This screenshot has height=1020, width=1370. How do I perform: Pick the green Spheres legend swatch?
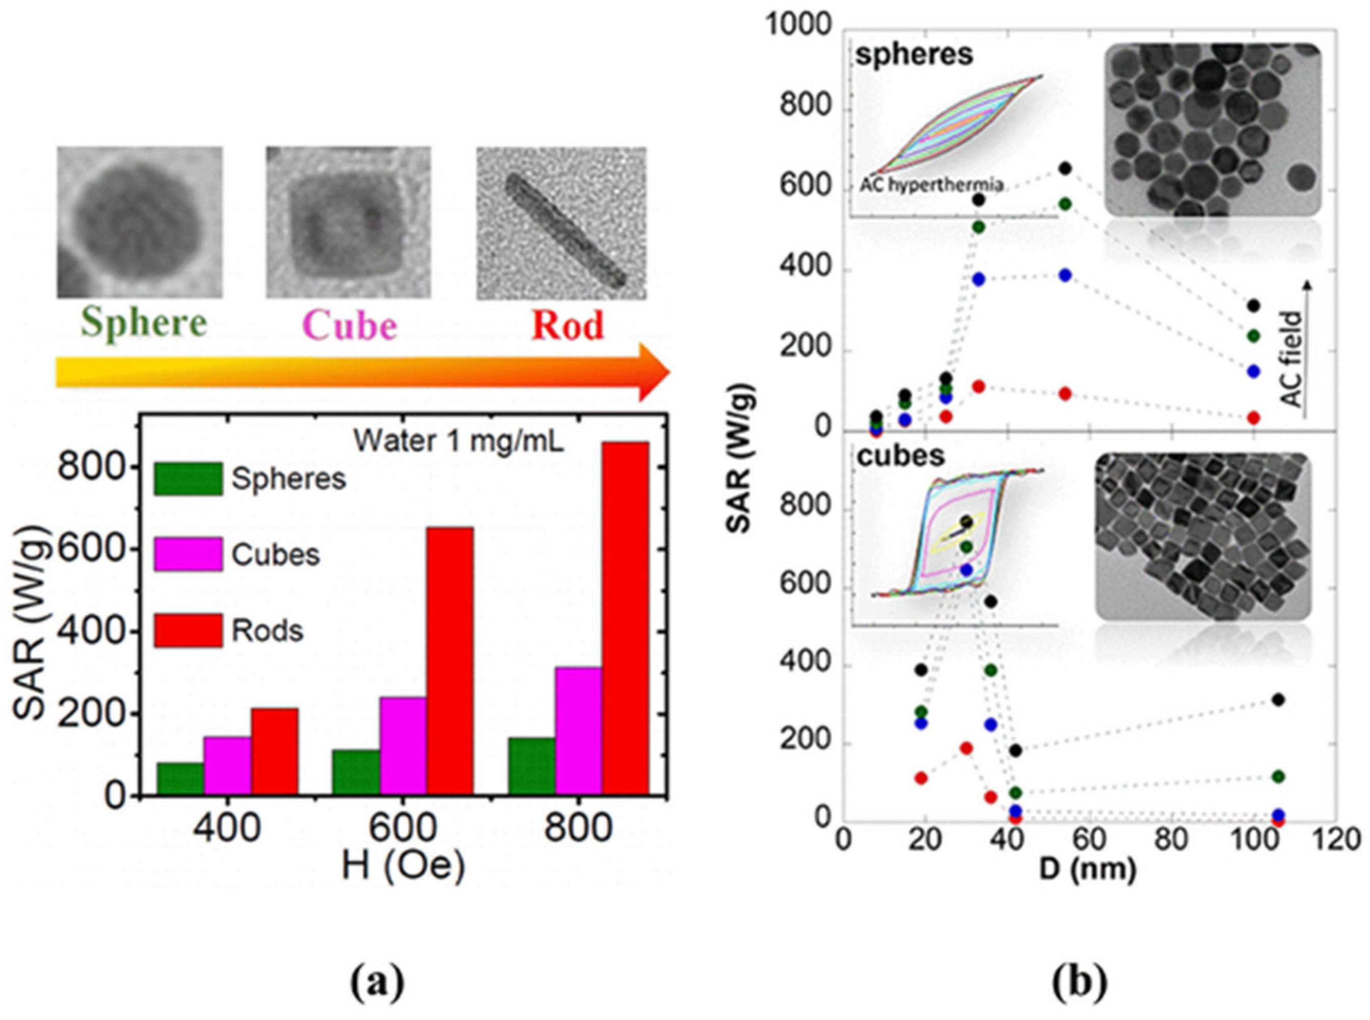187,478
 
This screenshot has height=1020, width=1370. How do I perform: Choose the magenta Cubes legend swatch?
187,554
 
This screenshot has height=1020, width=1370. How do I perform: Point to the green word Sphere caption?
144,323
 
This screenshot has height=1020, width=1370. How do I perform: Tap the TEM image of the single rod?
561,224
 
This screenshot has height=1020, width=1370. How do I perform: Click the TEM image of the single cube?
348,222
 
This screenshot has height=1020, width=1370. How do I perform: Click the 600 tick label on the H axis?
402,828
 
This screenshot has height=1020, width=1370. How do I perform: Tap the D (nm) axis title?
1087,869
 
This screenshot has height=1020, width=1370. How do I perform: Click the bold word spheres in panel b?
914,55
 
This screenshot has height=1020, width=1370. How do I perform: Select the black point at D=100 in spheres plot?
1253,306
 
